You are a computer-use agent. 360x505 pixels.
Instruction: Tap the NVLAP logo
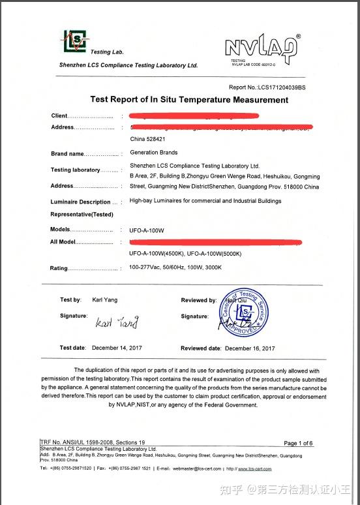(262, 47)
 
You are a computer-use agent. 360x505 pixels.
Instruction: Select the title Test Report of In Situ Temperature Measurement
(188, 100)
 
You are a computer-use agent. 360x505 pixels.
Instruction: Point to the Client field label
(59, 115)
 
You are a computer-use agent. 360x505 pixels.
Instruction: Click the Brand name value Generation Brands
(153, 153)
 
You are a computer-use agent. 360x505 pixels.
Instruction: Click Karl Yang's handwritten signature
(117, 322)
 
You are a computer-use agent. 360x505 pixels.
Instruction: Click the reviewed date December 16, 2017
(250, 348)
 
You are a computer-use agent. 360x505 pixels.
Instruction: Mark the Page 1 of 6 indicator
(298, 443)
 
